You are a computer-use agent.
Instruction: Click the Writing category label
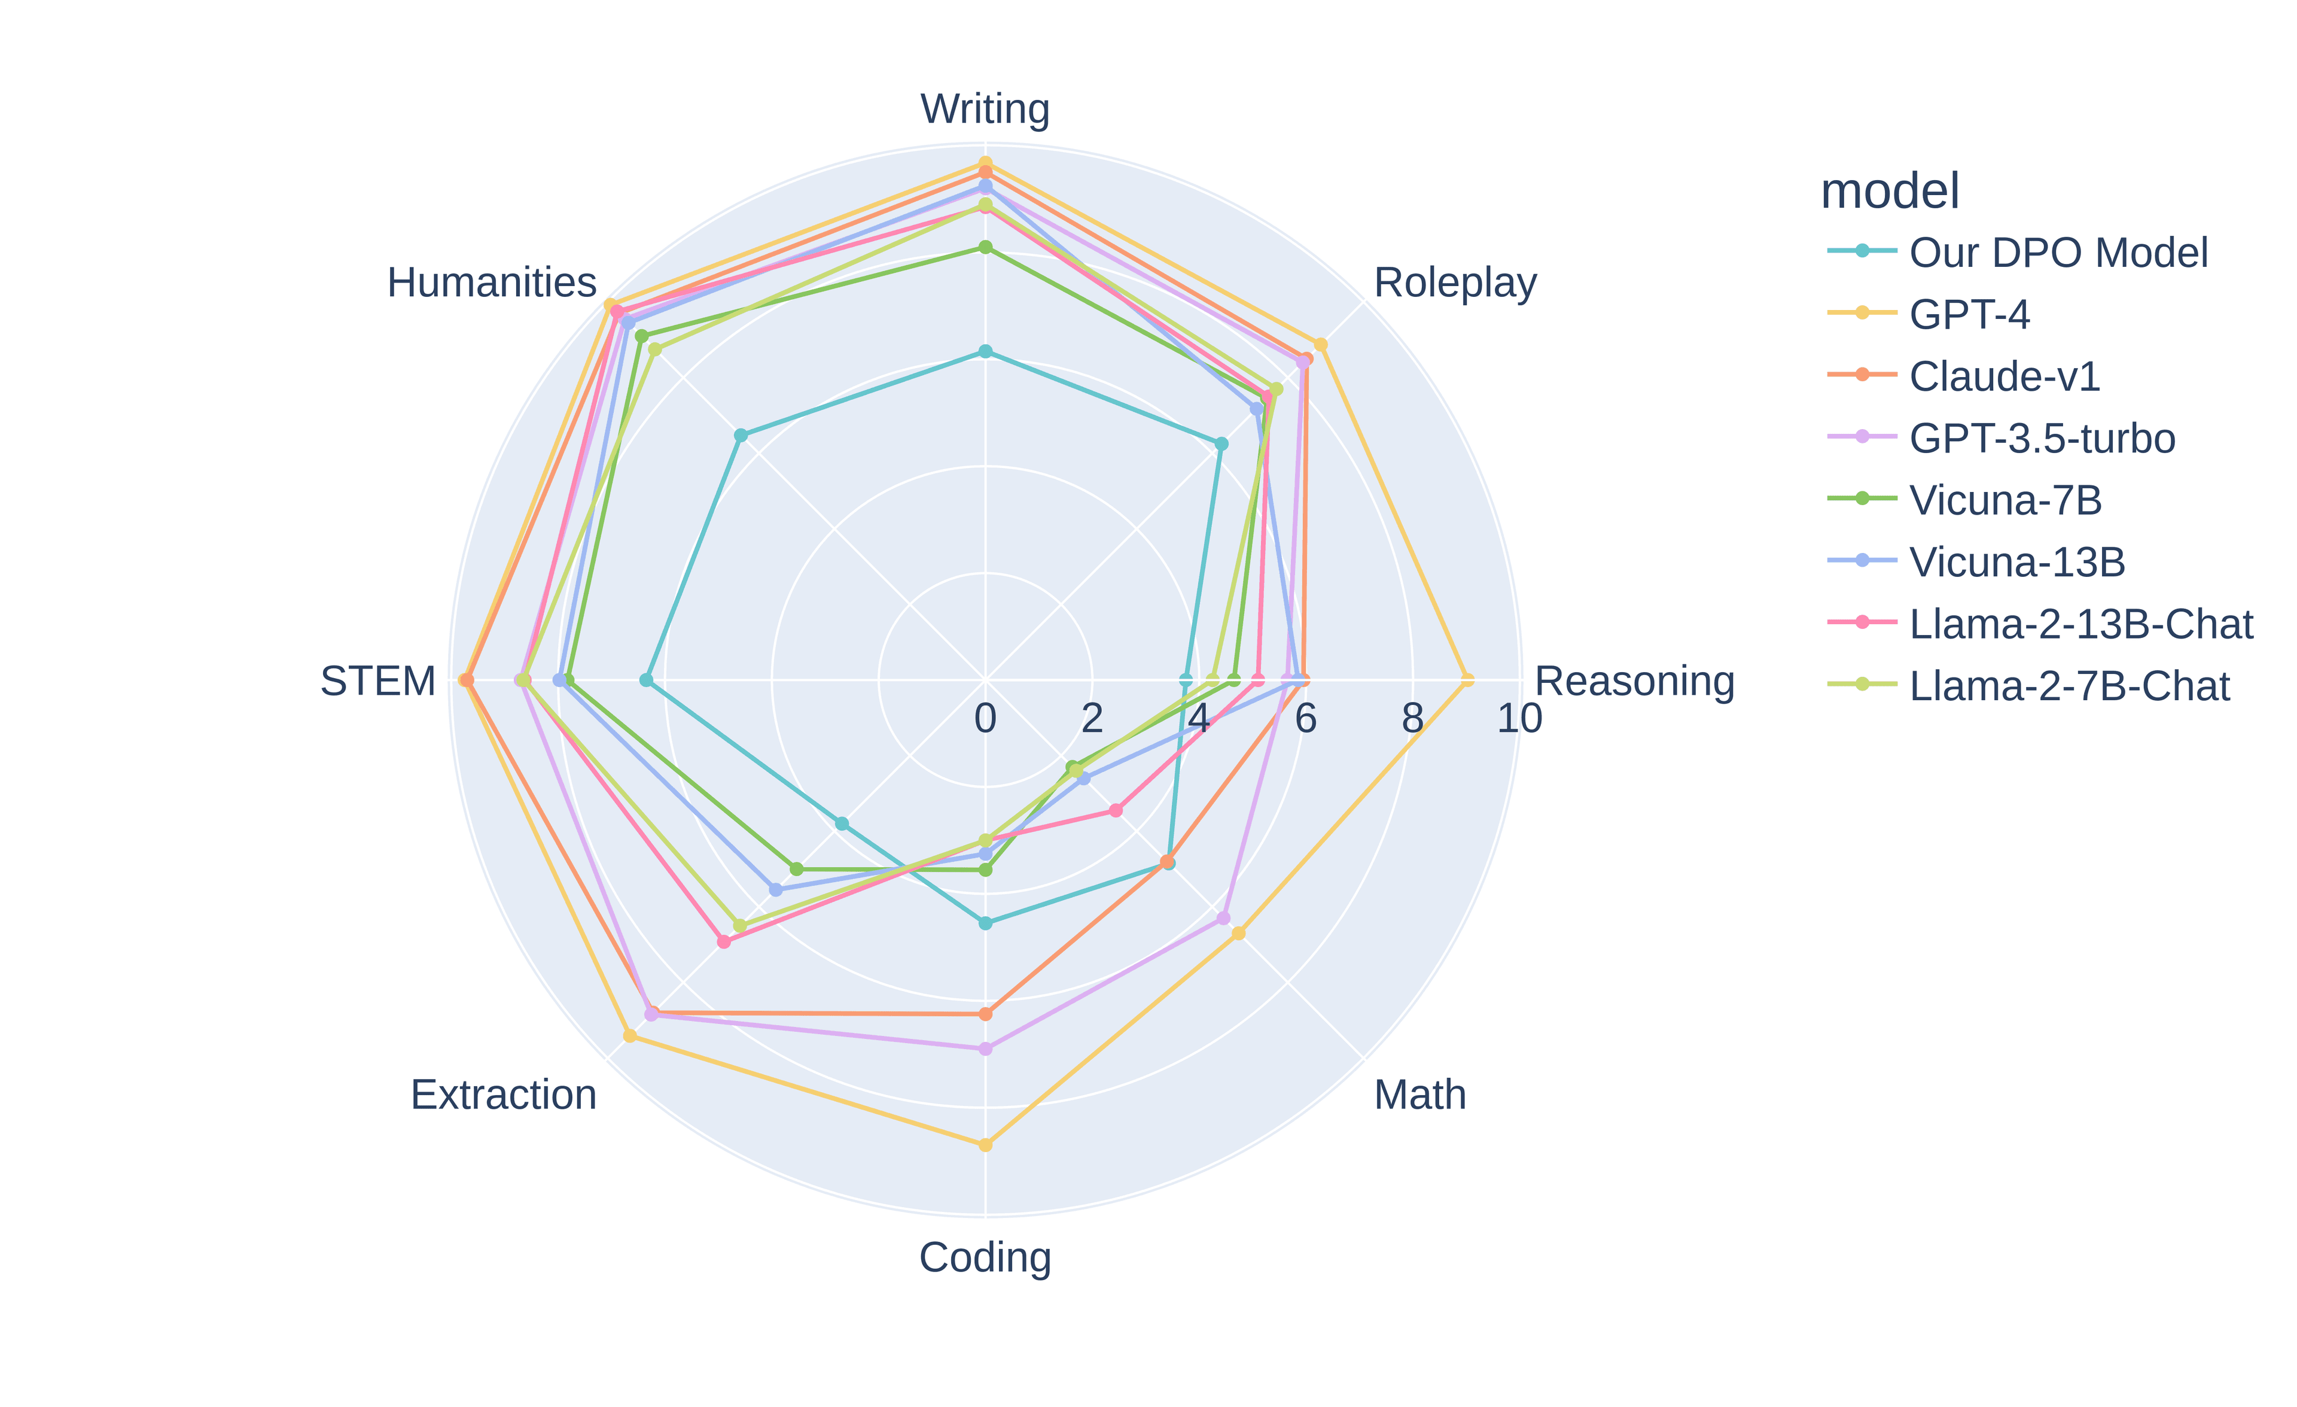[x=985, y=109]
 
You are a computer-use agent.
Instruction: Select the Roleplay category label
[x=1454, y=282]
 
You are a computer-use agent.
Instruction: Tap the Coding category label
[x=985, y=1258]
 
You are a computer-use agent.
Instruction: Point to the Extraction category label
[x=504, y=1095]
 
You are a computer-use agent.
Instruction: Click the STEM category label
[x=377, y=682]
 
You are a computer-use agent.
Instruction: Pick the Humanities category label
[x=491, y=282]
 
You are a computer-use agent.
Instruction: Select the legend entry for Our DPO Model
[x=2057, y=253]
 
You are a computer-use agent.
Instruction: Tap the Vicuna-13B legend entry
[x=2016, y=561]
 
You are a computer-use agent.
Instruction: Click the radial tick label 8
[x=1412, y=719]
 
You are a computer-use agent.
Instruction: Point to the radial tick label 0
[x=985, y=719]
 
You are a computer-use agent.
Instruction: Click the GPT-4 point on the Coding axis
[x=985, y=1145]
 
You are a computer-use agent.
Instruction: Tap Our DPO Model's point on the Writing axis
[x=985, y=351]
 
